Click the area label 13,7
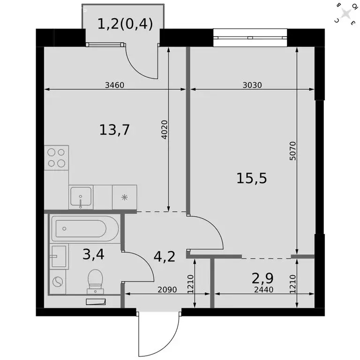point(114,130)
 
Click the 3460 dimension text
point(115,85)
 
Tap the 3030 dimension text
point(251,85)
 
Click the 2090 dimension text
point(166,290)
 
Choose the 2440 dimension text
point(263,290)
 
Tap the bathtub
point(85,229)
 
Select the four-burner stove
point(57,157)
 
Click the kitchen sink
point(81,196)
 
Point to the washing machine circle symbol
point(57,282)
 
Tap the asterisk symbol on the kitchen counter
point(125,197)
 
